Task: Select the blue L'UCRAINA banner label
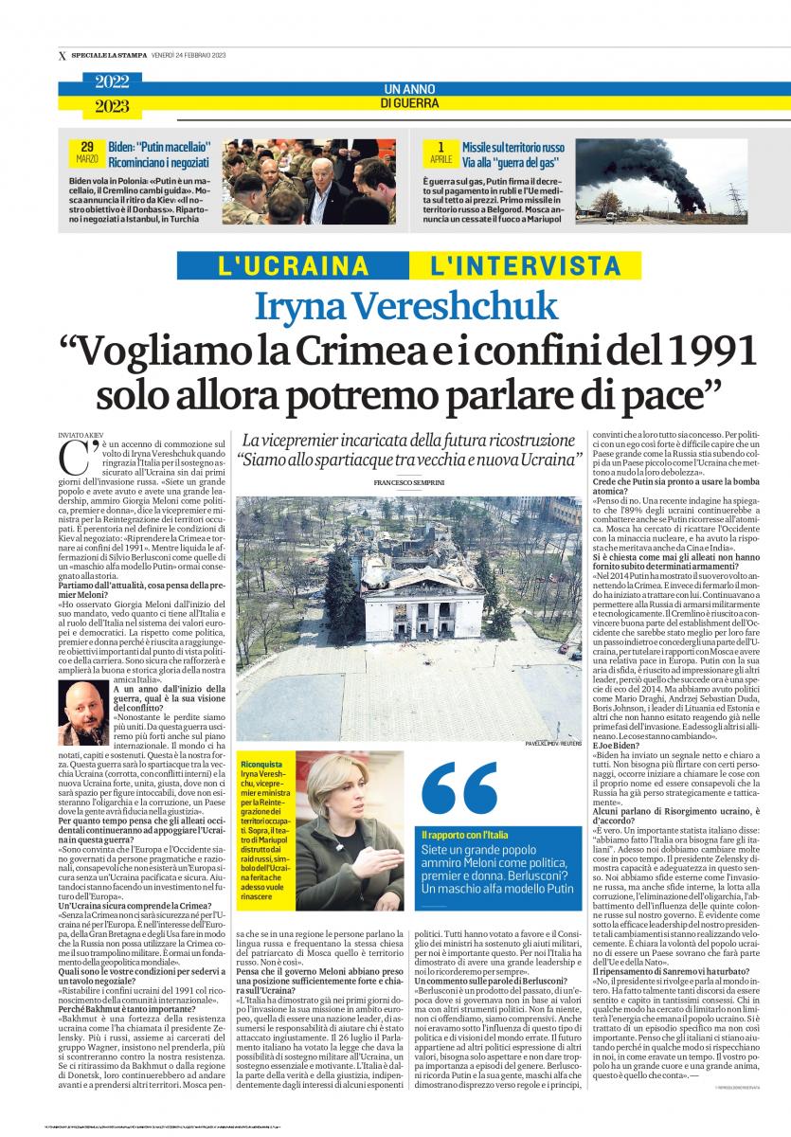point(293,266)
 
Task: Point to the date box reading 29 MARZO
point(87,152)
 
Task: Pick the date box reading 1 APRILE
point(440,152)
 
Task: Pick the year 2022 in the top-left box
point(112,82)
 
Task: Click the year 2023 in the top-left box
point(112,106)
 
